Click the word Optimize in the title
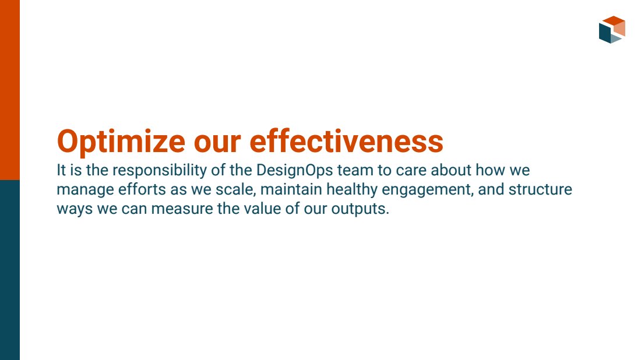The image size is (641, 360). pyautogui.click(x=121, y=142)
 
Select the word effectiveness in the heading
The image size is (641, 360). pyautogui.click(x=346, y=141)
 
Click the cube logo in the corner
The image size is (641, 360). pyautogui.click(x=612, y=30)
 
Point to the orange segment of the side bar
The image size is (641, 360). pyautogui.click(x=10, y=90)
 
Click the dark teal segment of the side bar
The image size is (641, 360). pyautogui.click(x=10, y=270)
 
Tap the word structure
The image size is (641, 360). pyautogui.click(x=540, y=189)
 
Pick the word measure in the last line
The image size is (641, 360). pyautogui.click(x=182, y=209)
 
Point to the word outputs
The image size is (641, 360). pyautogui.click(x=360, y=209)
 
